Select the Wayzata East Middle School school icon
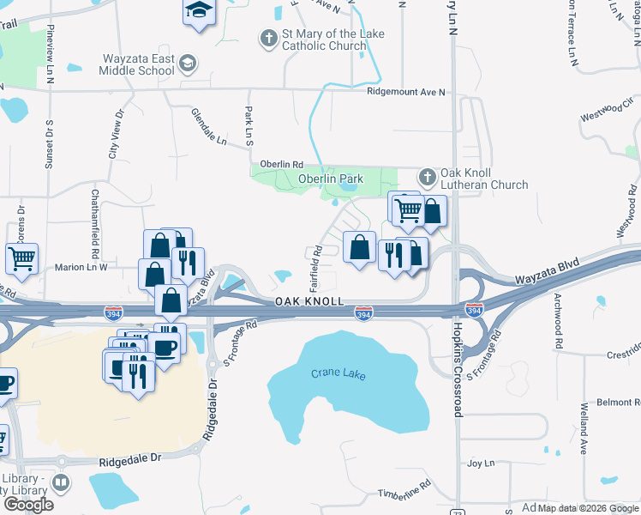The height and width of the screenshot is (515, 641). tap(188, 64)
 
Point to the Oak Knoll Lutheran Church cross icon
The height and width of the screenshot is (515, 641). tap(427, 178)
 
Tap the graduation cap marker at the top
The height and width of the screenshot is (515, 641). tap(198, 12)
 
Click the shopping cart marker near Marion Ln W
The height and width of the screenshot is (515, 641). tap(21, 257)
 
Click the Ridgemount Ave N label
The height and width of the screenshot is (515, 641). tap(405, 92)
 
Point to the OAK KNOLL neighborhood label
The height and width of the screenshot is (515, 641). tap(309, 302)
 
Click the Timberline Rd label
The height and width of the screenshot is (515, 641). tap(404, 494)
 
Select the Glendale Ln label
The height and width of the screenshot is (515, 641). tap(209, 126)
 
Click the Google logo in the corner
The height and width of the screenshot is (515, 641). tap(28, 505)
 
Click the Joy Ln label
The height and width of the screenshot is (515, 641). tap(481, 463)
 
